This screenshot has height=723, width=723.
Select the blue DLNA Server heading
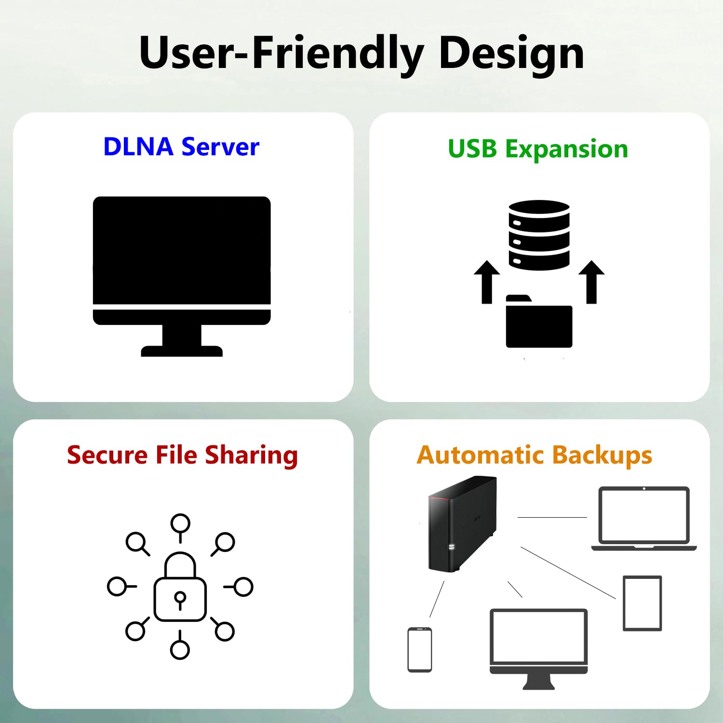[x=181, y=147]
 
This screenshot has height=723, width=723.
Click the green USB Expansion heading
[x=538, y=148]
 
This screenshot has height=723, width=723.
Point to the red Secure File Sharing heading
[x=182, y=455]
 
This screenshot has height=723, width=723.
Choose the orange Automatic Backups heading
[x=534, y=455]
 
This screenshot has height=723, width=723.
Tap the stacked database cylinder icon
[x=539, y=235]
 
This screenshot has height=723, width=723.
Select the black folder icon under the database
[x=539, y=324]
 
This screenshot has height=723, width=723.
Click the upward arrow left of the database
[x=487, y=281]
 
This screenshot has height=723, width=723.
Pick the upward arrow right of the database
[x=591, y=281]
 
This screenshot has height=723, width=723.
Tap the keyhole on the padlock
[x=180, y=600]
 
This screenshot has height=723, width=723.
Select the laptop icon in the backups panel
[x=644, y=518]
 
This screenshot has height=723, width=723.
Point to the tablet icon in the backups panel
[x=642, y=603]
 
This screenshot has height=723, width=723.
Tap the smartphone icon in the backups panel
[x=419, y=649]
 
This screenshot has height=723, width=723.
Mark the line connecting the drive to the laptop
[x=552, y=517]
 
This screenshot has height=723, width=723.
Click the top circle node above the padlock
[x=180, y=522]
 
